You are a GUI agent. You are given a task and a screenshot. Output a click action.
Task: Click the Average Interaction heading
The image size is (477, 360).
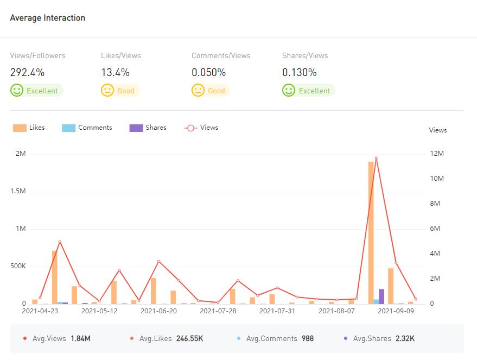[x=47, y=18]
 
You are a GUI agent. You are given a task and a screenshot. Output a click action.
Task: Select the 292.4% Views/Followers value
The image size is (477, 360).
[x=27, y=72]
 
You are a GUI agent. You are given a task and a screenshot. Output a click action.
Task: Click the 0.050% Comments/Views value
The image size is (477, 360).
[x=208, y=72]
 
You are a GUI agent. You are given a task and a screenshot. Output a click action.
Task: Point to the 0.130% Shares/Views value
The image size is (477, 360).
[x=299, y=72]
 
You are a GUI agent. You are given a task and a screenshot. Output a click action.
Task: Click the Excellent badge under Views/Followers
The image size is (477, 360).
[x=37, y=91]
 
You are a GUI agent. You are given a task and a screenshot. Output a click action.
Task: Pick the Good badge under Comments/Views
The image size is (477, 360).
[x=211, y=91]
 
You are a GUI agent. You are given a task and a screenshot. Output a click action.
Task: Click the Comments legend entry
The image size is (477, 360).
[x=87, y=128]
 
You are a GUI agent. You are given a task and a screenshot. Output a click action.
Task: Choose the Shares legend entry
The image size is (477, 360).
[x=148, y=128]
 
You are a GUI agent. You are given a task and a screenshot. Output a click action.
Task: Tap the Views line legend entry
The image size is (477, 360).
[x=201, y=128]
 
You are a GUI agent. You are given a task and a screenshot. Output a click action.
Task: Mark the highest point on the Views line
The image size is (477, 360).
[x=376, y=158]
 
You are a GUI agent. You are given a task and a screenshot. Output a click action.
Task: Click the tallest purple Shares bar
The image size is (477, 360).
[x=381, y=296]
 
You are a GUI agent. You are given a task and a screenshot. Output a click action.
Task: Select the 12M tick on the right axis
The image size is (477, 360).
[x=437, y=154]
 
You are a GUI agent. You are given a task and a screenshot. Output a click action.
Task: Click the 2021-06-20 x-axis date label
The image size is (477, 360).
[x=158, y=311]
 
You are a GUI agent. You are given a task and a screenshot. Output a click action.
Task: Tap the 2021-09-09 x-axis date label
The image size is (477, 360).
[x=396, y=311]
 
